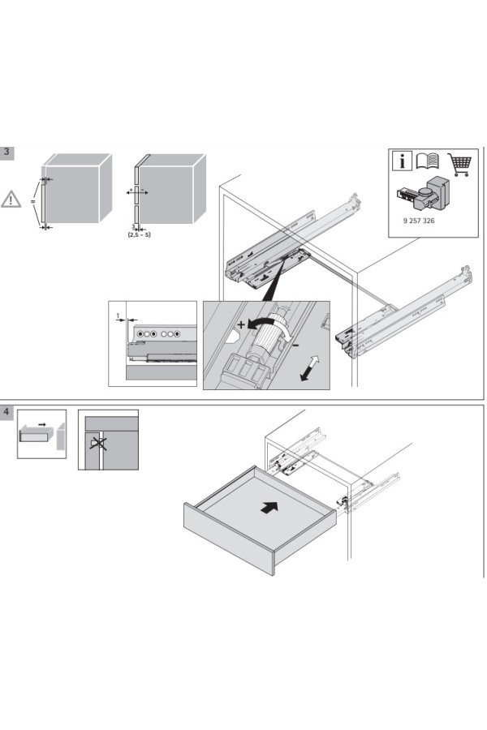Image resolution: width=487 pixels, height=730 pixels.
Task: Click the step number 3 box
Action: point(7,152)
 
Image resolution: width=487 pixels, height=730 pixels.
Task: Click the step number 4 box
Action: point(7,412)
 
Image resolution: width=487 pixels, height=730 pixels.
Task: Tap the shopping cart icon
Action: point(459,162)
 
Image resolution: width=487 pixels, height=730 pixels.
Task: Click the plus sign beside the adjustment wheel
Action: point(241,324)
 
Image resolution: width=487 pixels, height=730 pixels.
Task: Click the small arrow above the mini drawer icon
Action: point(41,424)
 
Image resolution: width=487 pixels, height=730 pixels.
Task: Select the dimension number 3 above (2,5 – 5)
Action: point(134,227)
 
